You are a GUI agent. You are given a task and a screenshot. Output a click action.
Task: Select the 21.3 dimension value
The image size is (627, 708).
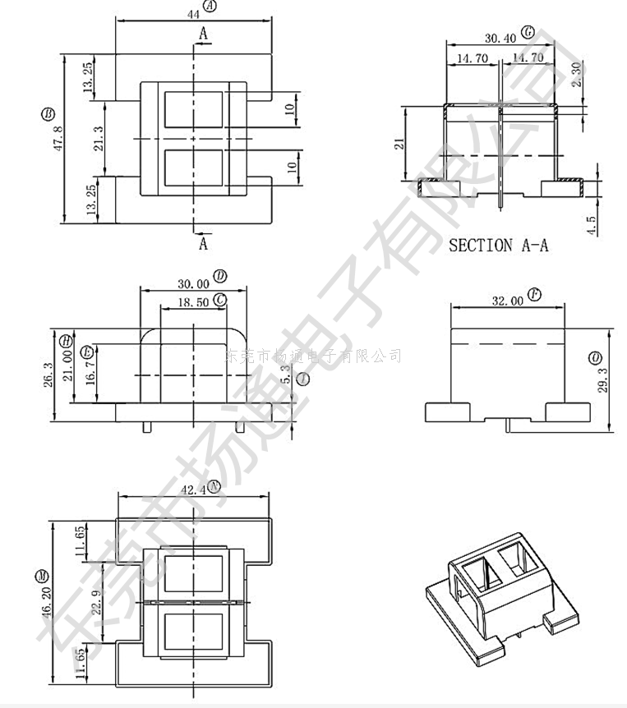point(99,139)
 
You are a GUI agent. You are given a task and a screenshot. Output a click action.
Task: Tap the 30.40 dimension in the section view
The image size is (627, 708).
point(500,38)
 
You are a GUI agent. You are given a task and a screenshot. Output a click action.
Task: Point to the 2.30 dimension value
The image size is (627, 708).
point(576,75)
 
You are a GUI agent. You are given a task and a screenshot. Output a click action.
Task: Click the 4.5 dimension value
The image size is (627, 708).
point(591,225)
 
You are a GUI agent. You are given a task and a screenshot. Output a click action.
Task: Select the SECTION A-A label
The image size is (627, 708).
point(498,245)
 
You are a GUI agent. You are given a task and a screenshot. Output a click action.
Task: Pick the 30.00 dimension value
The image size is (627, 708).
point(193,283)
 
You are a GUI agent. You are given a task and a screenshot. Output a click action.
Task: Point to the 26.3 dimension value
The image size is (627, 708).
point(48,375)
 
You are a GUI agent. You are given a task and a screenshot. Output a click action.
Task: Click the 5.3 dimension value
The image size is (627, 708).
point(285,375)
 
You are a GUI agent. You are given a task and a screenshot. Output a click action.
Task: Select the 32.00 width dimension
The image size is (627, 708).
point(507,301)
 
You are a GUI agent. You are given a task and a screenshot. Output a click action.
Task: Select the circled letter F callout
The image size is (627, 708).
point(534,294)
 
